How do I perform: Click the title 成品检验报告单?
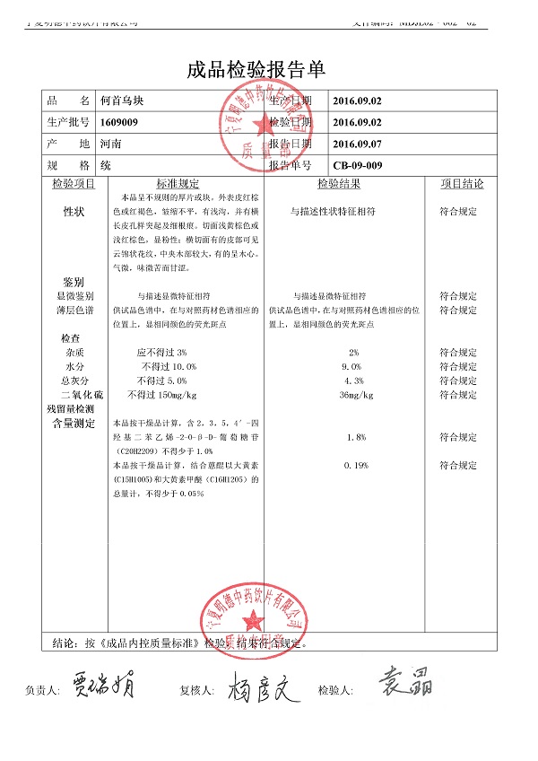(256, 70)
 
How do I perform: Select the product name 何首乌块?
(123, 101)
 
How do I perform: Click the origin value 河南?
(111, 144)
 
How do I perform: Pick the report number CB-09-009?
(358, 165)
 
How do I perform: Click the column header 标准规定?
(178, 184)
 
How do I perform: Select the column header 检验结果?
(339, 184)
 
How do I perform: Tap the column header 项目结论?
(462, 184)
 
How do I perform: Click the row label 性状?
(74, 212)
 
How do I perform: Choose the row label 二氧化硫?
(81, 395)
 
